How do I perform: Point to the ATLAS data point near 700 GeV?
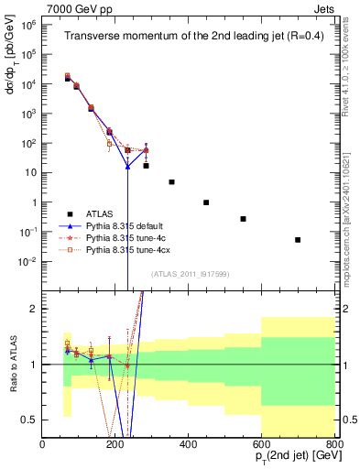tap(298, 240)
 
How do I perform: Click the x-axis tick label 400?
tap(189, 445)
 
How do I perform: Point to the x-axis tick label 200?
tap(116, 445)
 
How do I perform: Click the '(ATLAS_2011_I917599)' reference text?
tap(189, 274)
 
